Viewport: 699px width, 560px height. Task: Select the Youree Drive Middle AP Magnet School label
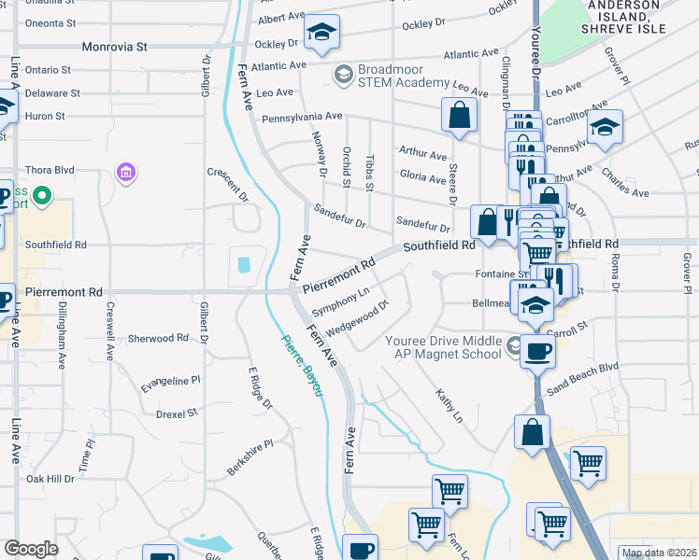point(444,347)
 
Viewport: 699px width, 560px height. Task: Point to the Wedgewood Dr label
point(357,315)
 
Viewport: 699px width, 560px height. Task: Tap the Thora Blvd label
point(50,171)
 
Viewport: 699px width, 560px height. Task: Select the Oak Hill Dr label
point(50,479)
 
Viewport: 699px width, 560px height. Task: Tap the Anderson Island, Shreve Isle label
point(625,18)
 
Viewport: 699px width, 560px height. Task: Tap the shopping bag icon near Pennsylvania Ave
point(460,116)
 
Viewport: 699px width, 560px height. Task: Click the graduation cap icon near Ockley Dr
point(321,34)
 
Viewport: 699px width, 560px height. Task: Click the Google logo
point(31,549)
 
